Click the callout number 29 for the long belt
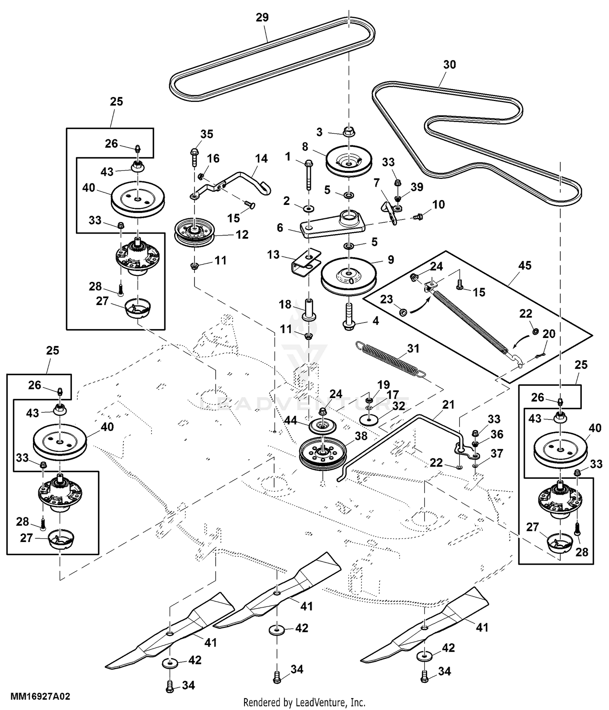[x=262, y=17]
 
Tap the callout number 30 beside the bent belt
[x=449, y=65]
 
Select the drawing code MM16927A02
[x=40, y=697]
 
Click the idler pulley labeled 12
[x=195, y=234]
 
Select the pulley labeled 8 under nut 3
[x=350, y=161]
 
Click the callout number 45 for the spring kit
[x=525, y=265]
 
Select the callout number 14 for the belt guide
[x=261, y=159]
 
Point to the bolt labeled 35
[x=194, y=157]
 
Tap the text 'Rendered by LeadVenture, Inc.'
[x=304, y=702]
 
